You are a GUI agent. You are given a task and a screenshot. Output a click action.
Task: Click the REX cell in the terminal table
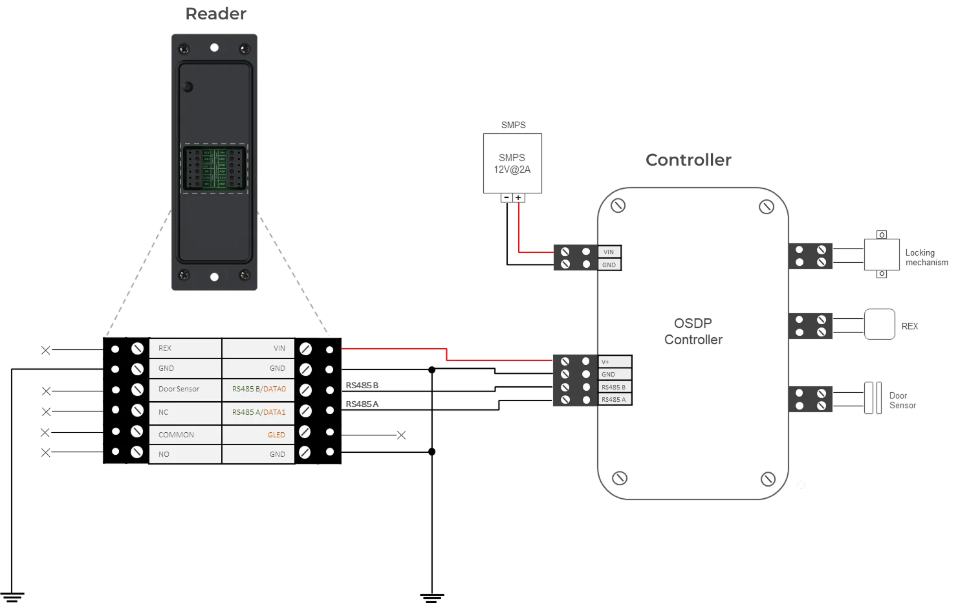(185, 348)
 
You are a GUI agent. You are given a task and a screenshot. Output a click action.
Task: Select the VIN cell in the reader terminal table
(258, 348)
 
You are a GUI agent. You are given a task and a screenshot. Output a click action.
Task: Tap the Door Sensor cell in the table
(185, 389)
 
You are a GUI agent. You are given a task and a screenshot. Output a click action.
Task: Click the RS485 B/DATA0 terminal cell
(258, 389)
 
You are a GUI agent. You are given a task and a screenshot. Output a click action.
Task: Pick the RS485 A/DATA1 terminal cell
(258, 412)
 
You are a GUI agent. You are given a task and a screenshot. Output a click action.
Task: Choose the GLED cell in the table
(258, 435)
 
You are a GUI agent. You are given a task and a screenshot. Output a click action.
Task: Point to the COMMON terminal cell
(185, 435)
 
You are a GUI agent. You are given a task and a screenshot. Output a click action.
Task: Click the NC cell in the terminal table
(185, 412)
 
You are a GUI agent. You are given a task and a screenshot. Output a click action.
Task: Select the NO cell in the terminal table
(185, 454)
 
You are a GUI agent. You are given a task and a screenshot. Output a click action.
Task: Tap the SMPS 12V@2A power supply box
(512, 162)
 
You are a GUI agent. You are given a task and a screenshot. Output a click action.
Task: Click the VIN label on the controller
(609, 252)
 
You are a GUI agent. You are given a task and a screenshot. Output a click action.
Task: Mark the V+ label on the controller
(614, 362)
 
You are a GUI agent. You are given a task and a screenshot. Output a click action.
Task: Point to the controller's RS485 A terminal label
(614, 400)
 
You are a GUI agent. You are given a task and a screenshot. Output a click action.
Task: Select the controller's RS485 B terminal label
(614, 387)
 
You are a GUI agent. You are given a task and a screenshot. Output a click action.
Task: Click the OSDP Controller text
(693, 331)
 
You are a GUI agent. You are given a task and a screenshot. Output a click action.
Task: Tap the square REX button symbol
(880, 323)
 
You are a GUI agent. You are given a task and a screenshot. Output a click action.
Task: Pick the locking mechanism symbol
(881, 256)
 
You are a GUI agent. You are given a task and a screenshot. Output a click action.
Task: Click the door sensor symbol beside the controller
(874, 397)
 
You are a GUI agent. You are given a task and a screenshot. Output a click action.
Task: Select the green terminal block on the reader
(214, 168)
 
